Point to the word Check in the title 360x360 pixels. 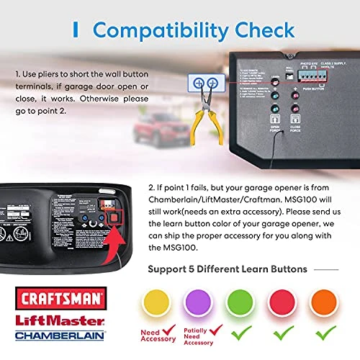pyautogui.click(x=261, y=30)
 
